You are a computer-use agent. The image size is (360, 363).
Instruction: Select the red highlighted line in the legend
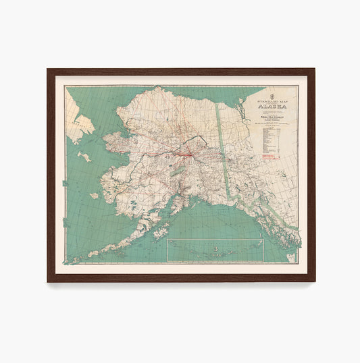click(x=270, y=156)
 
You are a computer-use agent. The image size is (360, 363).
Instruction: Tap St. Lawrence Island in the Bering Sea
click(x=84, y=157)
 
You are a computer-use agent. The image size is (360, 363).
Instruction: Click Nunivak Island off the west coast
click(x=94, y=196)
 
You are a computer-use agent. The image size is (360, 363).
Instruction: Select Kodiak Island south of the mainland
click(x=160, y=232)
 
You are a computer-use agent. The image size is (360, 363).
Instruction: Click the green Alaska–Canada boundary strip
click(x=224, y=148)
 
